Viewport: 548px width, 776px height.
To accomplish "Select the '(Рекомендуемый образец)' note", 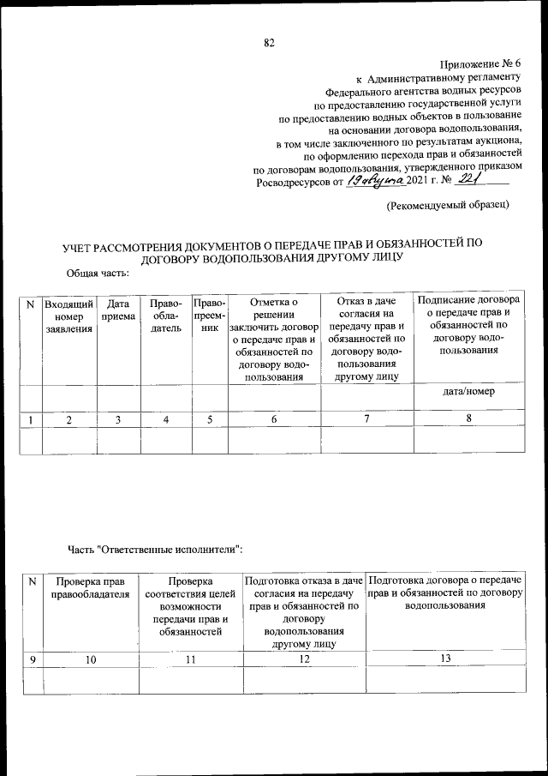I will pyautogui.click(x=448, y=206).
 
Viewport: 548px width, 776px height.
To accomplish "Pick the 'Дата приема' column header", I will pyautogui.click(x=118, y=310).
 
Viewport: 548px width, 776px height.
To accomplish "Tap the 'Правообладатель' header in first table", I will pyautogui.click(x=164, y=316).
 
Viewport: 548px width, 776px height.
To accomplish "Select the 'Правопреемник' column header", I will pyautogui.click(x=209, y=316).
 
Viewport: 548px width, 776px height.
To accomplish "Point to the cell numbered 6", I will pyautogui.click(x=273, y=419).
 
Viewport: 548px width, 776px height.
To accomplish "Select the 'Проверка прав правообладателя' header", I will pyautogui.click(x=90, y=588).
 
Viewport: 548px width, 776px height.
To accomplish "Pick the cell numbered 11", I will pyautogui.click(x=191, y=658).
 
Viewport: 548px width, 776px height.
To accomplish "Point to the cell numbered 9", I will pyautogui.click(x=33, y=658).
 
